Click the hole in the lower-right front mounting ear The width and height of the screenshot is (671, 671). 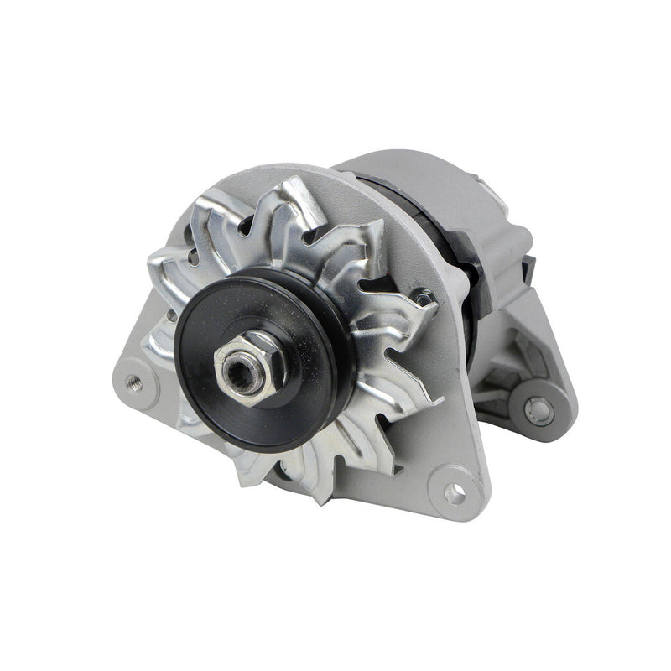[x=454, y=493]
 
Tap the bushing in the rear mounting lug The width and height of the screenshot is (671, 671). [x=537, y=410]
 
